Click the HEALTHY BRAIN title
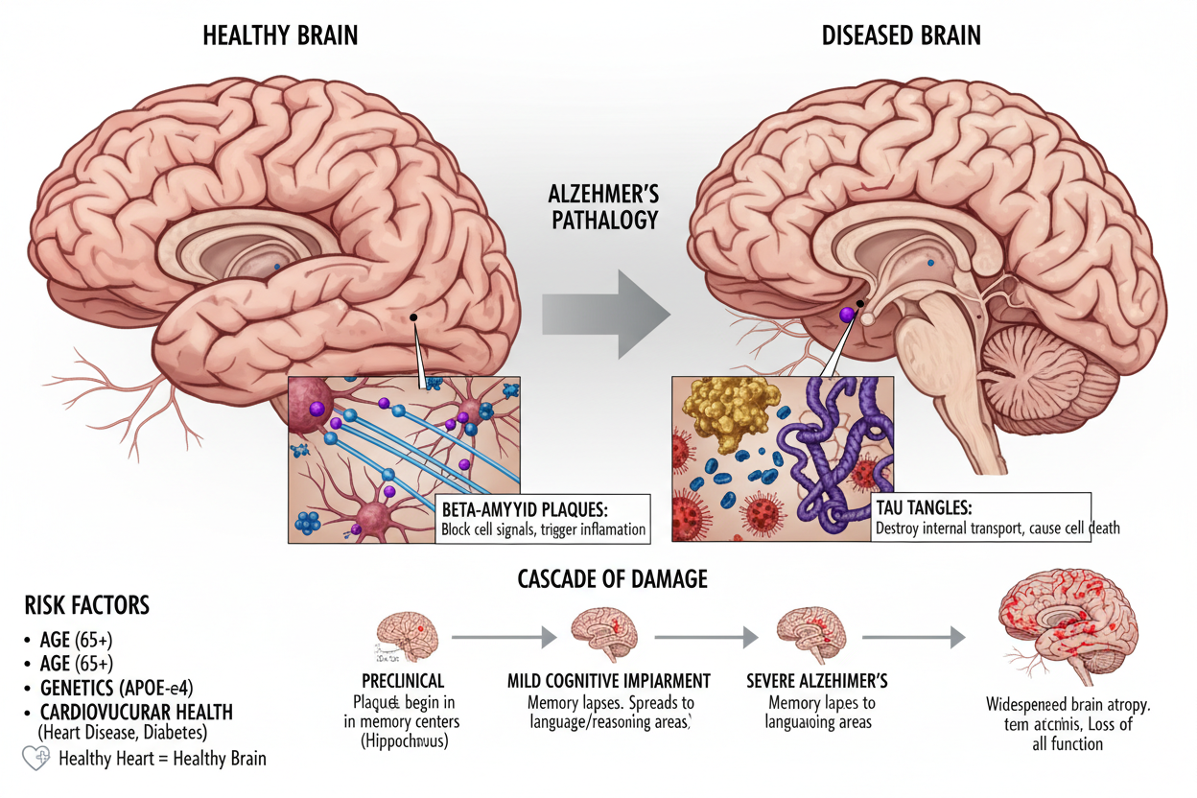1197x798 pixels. point(280,36)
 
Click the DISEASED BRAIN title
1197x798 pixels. point(901,36)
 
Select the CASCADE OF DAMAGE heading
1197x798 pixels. point(613,578)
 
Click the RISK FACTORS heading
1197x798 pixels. point(86,605)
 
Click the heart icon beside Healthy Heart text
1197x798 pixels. point(36,759)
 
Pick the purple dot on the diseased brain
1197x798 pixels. point(847,314)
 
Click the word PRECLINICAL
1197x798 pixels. point(403,681)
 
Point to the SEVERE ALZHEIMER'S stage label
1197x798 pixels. point(816,681)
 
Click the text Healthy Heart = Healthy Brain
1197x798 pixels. point(162,759)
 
